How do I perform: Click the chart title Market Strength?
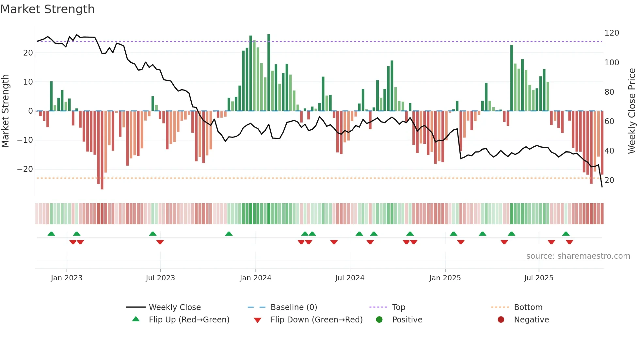click(47, 9)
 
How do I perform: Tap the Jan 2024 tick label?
click(255, 278)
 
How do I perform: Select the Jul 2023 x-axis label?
click(160, 278)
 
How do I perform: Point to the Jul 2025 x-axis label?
click(538, 278)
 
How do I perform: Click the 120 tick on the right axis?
click(611, 33)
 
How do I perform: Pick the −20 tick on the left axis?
click(25, 169)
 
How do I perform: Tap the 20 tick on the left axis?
click(28, 53)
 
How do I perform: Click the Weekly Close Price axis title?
click(632, 111)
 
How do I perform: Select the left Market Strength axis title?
click(6, 111)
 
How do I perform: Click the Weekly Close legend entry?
click(175, 307)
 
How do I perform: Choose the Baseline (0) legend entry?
click(294, 307)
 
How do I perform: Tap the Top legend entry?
click(398, 307)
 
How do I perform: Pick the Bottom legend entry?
click(528, 307)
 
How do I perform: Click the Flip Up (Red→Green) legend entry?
click(189, 320)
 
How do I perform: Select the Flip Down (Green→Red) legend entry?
click(316, 320)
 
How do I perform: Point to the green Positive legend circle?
click(379, 319)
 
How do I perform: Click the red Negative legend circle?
click(501, 319)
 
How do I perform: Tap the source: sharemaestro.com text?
click(578, 256)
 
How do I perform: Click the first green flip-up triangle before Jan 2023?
click(51, 234)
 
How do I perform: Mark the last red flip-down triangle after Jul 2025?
click(569, 242)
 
